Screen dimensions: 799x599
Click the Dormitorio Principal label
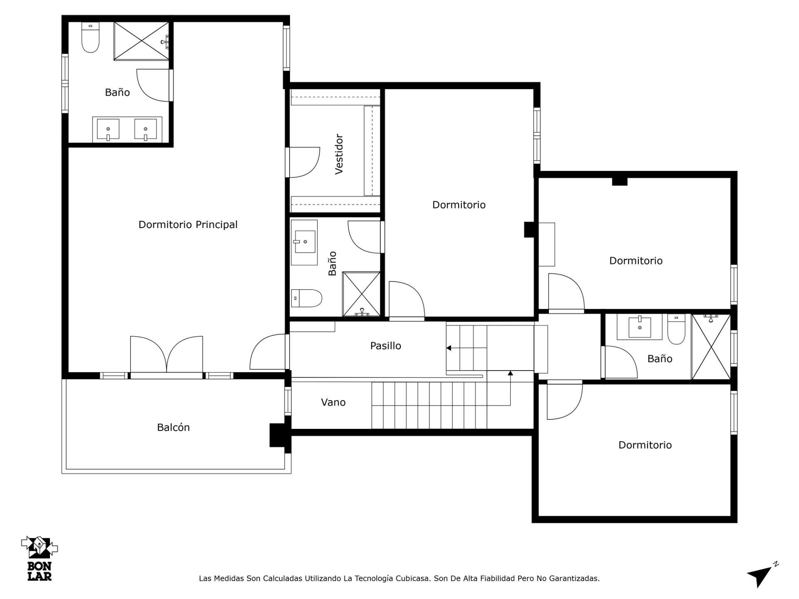tap(188, 225)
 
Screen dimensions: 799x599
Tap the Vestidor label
tap(339, 154)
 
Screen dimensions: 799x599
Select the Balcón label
tap(173, 427)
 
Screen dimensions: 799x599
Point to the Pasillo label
tap(385, 346)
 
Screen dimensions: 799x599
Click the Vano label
tap(333, 402)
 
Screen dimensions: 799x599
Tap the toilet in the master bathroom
tap(90, 37)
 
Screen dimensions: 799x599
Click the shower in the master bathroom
tap(141, 41)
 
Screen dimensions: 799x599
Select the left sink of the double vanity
tap(108, 129)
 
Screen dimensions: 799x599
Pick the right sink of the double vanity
tap(145, 129)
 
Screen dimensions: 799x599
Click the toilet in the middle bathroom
tap(306, 298)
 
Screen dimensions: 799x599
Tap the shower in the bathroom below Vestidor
tap(361, 294)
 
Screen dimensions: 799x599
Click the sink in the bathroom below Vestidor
tap(304, 242)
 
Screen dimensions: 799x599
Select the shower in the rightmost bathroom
tap(711, 347)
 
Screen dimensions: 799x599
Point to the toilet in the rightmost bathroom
tap(676, 329)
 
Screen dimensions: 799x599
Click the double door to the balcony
tap(166, 355)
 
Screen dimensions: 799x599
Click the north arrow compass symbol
tap(762, 574)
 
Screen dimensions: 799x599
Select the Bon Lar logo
tap(40, 558)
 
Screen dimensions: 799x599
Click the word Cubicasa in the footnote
tap(413, 578)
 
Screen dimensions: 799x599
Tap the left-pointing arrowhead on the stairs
tap(449, 348)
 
